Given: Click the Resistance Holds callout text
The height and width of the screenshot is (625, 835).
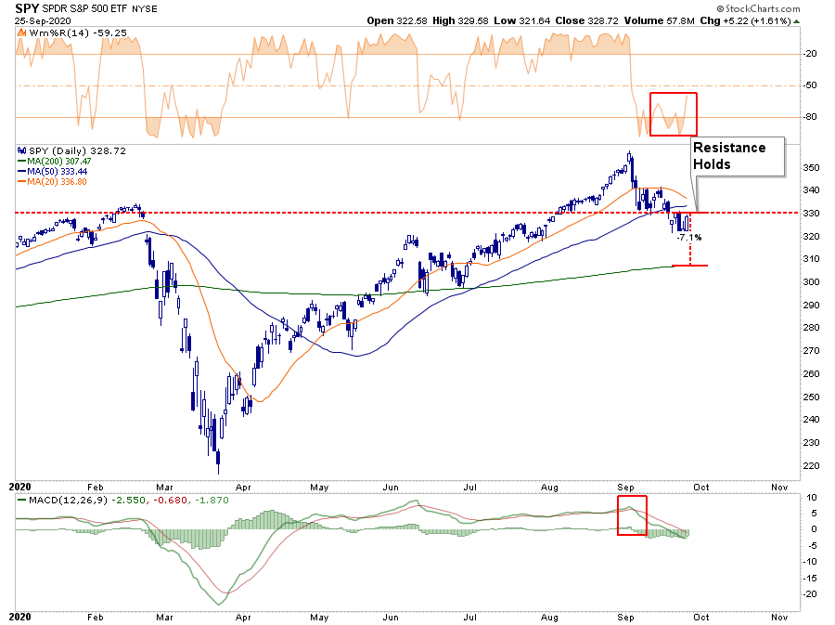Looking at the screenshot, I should (x=729, y=155).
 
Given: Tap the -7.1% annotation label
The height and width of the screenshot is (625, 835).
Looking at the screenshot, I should (x=688, y=238).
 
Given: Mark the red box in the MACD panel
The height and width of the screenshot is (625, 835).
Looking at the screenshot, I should (x=633, y=514).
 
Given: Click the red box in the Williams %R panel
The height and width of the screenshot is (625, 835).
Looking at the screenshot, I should (x=673, y=114).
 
